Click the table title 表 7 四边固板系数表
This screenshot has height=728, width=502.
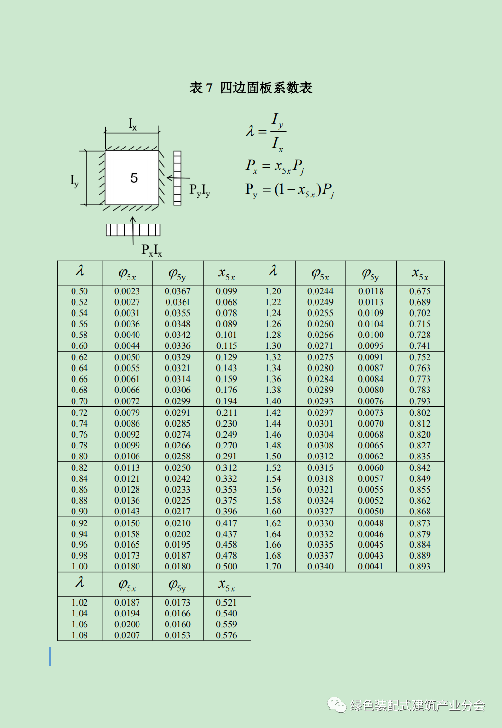[251, 88]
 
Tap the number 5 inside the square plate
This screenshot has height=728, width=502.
[134, 178]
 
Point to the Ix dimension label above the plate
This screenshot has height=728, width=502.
[132, 124]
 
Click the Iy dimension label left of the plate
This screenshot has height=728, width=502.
[74, 180]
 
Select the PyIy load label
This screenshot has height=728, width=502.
[200, 190]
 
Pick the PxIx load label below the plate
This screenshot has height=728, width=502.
[151, 250]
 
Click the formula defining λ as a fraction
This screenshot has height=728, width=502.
[266, 132]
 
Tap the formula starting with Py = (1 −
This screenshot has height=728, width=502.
[289, 190]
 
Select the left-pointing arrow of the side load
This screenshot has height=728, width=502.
[174, 178]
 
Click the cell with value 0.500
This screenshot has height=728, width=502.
[226, 567]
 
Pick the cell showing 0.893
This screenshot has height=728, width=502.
[420, 567]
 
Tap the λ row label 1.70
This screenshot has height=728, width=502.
[273, 567]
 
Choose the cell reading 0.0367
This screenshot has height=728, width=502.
[177, 291]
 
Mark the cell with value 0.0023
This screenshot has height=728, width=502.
[127, 291]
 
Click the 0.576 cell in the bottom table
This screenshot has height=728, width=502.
[226, 635]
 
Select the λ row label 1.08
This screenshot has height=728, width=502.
[79, 635]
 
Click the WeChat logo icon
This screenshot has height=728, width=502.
[337, 705]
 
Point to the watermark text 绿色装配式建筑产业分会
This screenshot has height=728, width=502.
[418, 706]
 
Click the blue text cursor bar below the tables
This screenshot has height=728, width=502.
[50, 656]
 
